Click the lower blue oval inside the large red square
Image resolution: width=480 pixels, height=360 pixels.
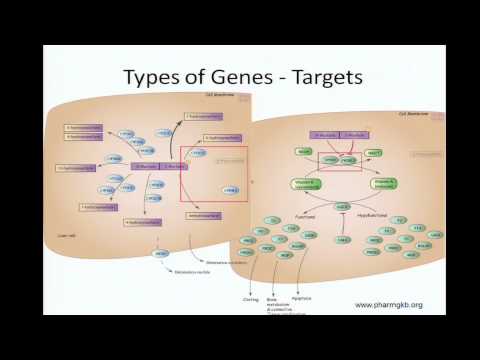coord(231,190)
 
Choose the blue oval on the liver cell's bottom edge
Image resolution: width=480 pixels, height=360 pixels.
coord(160,255)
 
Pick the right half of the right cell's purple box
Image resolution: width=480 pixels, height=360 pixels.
coord(354,135)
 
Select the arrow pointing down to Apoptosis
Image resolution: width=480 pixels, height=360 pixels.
coord(300,275)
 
